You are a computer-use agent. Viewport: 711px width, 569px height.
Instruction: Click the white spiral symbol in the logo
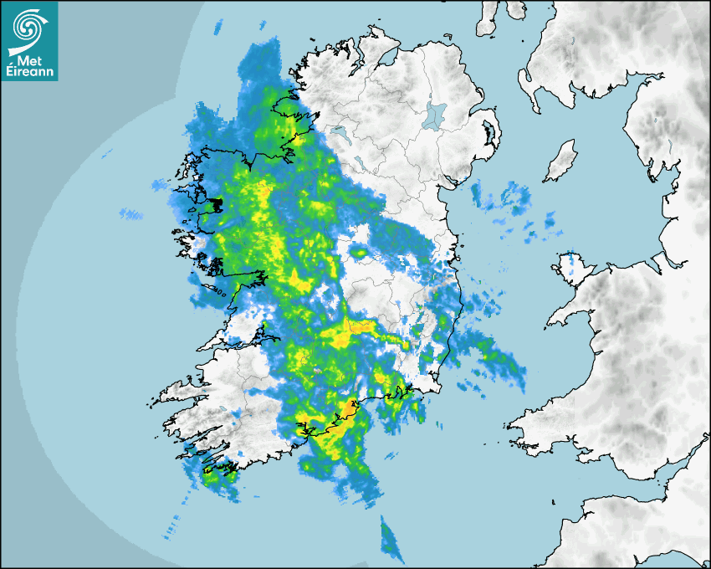pyautogui.click(x=28, y=28)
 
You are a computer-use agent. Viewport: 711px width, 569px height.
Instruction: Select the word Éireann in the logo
pyautogui.click(x=29, y=72)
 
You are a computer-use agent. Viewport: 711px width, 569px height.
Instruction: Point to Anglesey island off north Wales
pyautogui.click(x=572, y=266)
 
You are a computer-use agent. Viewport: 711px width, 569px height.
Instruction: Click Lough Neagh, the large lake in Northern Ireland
pyautogui.click(x=434, y=115)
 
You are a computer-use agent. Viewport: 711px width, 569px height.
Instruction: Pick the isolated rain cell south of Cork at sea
pyautogui.click(x=390, y=538)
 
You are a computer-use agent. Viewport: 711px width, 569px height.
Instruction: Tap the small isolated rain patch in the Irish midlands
pyautogui.click(x=359, y=252)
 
